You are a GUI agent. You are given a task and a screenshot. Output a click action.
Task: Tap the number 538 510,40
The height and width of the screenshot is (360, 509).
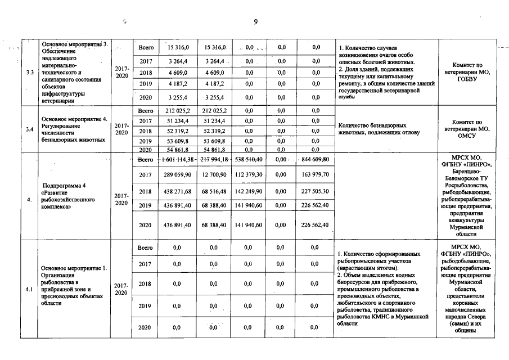point(250,160)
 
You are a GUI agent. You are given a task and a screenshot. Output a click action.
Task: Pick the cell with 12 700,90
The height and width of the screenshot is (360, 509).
point(214,175)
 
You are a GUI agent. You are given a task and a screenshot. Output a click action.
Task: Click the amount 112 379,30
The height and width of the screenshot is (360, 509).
point(250,175)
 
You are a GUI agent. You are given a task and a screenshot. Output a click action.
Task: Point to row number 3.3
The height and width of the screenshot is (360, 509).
point(29,72)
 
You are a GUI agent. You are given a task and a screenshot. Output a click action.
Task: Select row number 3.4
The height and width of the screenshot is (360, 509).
point(29,129)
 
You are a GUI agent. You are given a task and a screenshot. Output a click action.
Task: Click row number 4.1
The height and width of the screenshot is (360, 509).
point(29,289)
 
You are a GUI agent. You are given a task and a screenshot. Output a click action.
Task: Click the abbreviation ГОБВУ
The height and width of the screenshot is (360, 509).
point(467,79)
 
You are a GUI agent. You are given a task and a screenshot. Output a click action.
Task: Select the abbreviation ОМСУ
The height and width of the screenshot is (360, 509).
point(467,136)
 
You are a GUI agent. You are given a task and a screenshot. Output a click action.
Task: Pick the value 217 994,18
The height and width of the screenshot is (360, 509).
point(214,160)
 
